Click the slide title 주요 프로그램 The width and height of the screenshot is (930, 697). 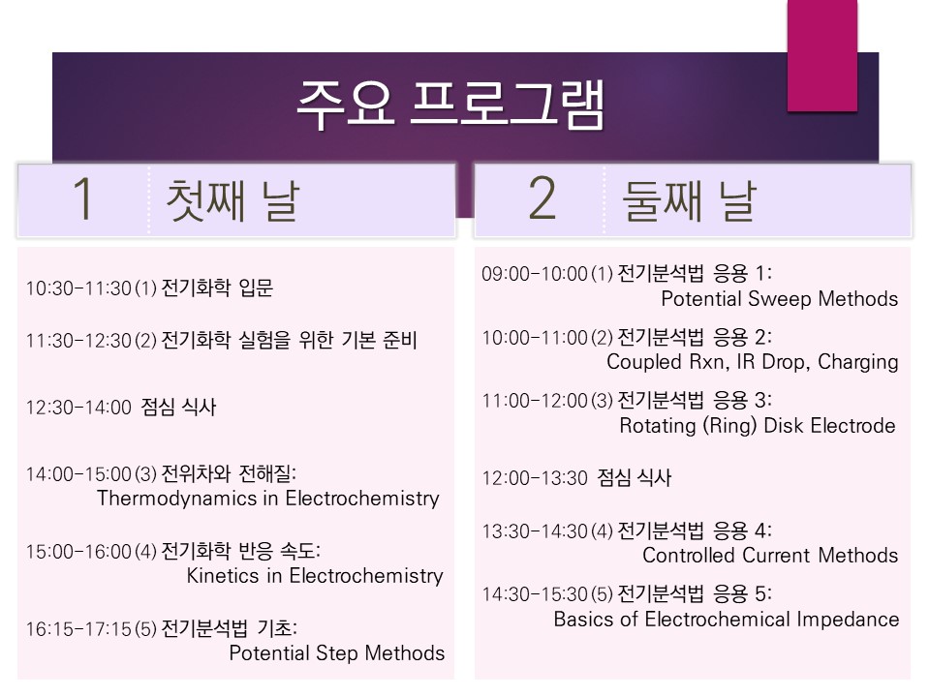click(x=450, y=105)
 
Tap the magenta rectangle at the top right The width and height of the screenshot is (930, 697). click(x=822, y=55)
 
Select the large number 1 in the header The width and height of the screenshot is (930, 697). click(x=83, y=198)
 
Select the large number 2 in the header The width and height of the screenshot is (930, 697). click(x=542, y=198)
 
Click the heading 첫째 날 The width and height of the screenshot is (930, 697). click(x=232, y=200)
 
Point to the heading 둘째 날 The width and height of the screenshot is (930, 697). click(x=689, y=200)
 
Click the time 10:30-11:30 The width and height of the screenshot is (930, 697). click(x=78, y=288)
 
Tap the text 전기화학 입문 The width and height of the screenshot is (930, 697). click(x=217, y=288)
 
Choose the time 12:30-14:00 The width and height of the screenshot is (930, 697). click(x=78, y=408)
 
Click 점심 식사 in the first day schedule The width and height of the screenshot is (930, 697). click(x=178, y=408)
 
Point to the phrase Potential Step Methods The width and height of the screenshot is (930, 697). click(x=337, y=653)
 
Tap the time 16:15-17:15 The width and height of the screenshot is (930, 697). click(x=78, y=629)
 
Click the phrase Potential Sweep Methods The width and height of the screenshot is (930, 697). click(x=779, y=299)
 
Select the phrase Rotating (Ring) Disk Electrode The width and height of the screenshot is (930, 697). click(x=758, y=426)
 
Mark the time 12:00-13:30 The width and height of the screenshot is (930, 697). click(x=535, y=478)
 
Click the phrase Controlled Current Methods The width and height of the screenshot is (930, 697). click(x=770, y=556)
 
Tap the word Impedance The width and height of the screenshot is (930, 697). click(x=848, y=620)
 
